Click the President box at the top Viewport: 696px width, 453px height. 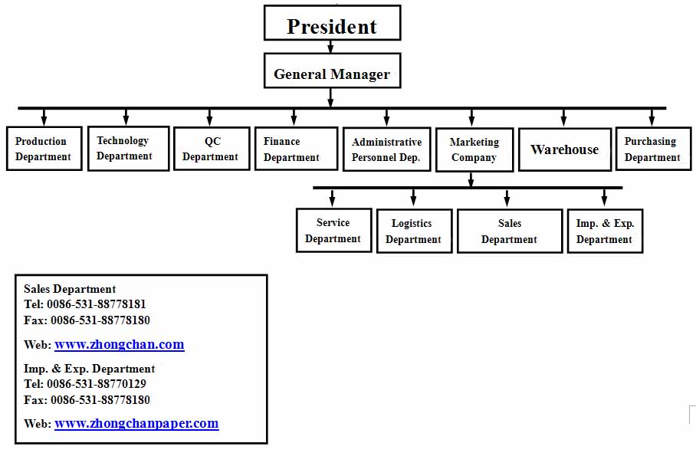[x=332, y=23]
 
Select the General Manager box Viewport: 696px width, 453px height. [x=332, y=71]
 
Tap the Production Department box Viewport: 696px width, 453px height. [x=44, y=149]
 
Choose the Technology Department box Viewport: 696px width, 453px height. [x=128, y=148]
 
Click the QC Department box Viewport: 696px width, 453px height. [x=212, y=149]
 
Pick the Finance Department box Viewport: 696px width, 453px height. [x=296, y=149]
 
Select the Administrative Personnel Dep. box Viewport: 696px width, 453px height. [x=386, y=149]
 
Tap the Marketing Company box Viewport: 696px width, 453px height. [x=474, y=149]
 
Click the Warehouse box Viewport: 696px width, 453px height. [x=565, y=149]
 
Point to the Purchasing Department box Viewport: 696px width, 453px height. [x=653, y=149]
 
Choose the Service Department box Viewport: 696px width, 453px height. [x=333, y=230]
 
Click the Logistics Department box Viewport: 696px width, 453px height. [x=414, y=231]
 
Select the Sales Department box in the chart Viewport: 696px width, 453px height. [x=510, y=231]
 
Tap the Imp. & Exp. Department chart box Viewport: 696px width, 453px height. [x=605, y=231]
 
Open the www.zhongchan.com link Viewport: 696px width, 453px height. [x=120, y=345]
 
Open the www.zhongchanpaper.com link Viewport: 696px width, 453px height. [x=136, y=424]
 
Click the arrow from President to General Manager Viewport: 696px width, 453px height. [x=330, y=47]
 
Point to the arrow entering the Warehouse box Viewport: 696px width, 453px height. [x=563, y=117]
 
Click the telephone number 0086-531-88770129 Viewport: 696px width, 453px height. [x=97, y=384]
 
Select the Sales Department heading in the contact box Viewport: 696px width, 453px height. [x=70, y=289]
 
